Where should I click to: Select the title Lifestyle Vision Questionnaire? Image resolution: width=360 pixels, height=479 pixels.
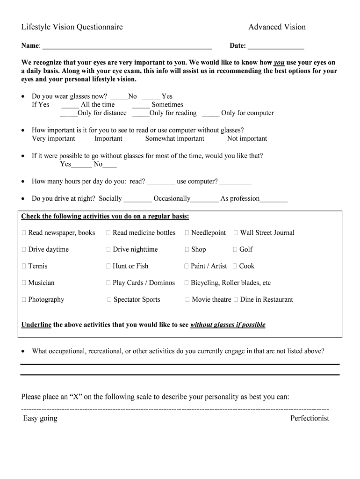point(72,27)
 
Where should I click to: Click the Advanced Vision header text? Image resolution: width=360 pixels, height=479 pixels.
point(277,27)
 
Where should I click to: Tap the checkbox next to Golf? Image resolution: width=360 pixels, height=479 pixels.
point(235,250)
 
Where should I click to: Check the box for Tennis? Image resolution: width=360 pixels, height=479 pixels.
point(24,267)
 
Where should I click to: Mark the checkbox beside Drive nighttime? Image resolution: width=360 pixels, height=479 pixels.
point(108,250)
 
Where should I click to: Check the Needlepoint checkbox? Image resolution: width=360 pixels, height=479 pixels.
point(187,233)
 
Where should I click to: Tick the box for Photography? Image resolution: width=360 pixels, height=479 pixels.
point(24,300)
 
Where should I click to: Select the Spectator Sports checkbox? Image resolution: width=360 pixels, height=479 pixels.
point(109,300)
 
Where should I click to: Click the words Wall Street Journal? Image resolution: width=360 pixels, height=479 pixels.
point(267,233)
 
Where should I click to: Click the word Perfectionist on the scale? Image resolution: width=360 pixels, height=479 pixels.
point(310,419)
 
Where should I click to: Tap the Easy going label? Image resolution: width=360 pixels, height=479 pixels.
point(40,419)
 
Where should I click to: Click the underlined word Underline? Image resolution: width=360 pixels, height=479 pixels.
point(36,325)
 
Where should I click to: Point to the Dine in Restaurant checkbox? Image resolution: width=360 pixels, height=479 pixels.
point(236,300)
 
